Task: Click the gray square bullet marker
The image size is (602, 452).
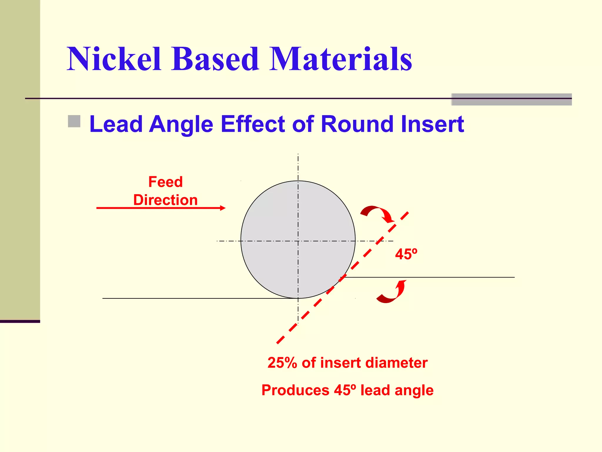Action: click(x=74, y=121)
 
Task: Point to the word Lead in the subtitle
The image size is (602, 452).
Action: click(x=116, y=124)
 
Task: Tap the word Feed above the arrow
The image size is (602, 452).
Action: click(x=165, y=182)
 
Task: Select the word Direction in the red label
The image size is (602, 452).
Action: click(x=165, y=200)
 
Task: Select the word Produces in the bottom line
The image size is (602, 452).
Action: click(x=295, y=390)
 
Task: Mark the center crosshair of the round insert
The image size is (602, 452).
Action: click(x=298, y=241)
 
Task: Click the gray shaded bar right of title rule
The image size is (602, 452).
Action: click(x=511, y=99)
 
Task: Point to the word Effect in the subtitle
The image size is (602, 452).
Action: click(x=253, y=124)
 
